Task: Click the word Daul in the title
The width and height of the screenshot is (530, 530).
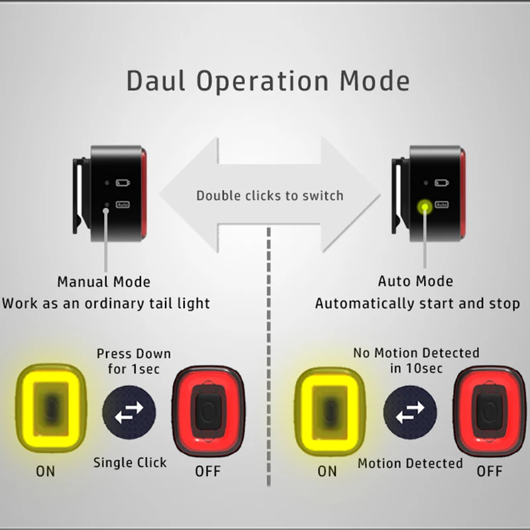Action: pos(156,81)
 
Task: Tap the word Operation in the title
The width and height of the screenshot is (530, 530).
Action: pos(262,81)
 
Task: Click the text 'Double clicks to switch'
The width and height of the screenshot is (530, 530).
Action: pos(270,195)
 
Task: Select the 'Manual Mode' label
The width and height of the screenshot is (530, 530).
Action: pos(104,282)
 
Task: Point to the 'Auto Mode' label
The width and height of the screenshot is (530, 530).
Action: pos(415,281)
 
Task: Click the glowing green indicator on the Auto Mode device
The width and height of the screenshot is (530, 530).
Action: pos(425,207)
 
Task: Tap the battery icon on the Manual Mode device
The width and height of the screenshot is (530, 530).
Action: pos(123,183)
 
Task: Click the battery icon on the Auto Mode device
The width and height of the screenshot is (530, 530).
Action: pos(442,183)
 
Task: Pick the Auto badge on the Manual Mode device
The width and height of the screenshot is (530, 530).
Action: pos(123,205)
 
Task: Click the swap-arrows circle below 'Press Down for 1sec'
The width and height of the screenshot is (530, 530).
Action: pos(129,412)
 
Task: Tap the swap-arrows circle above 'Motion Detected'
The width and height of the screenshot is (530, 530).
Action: pos(410,412)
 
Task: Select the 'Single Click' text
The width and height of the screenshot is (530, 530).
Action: pos(130,462)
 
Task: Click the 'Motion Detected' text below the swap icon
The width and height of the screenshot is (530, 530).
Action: pos(410,463)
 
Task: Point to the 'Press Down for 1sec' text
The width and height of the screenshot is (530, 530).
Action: pos(134,361)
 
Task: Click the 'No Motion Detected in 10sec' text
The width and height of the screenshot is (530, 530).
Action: pos(417,360)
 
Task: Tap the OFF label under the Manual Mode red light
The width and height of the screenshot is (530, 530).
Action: pos(208,471)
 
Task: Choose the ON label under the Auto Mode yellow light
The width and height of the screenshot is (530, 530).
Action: pos(327,471)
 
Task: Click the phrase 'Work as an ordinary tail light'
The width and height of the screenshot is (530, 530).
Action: pos(106,303)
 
